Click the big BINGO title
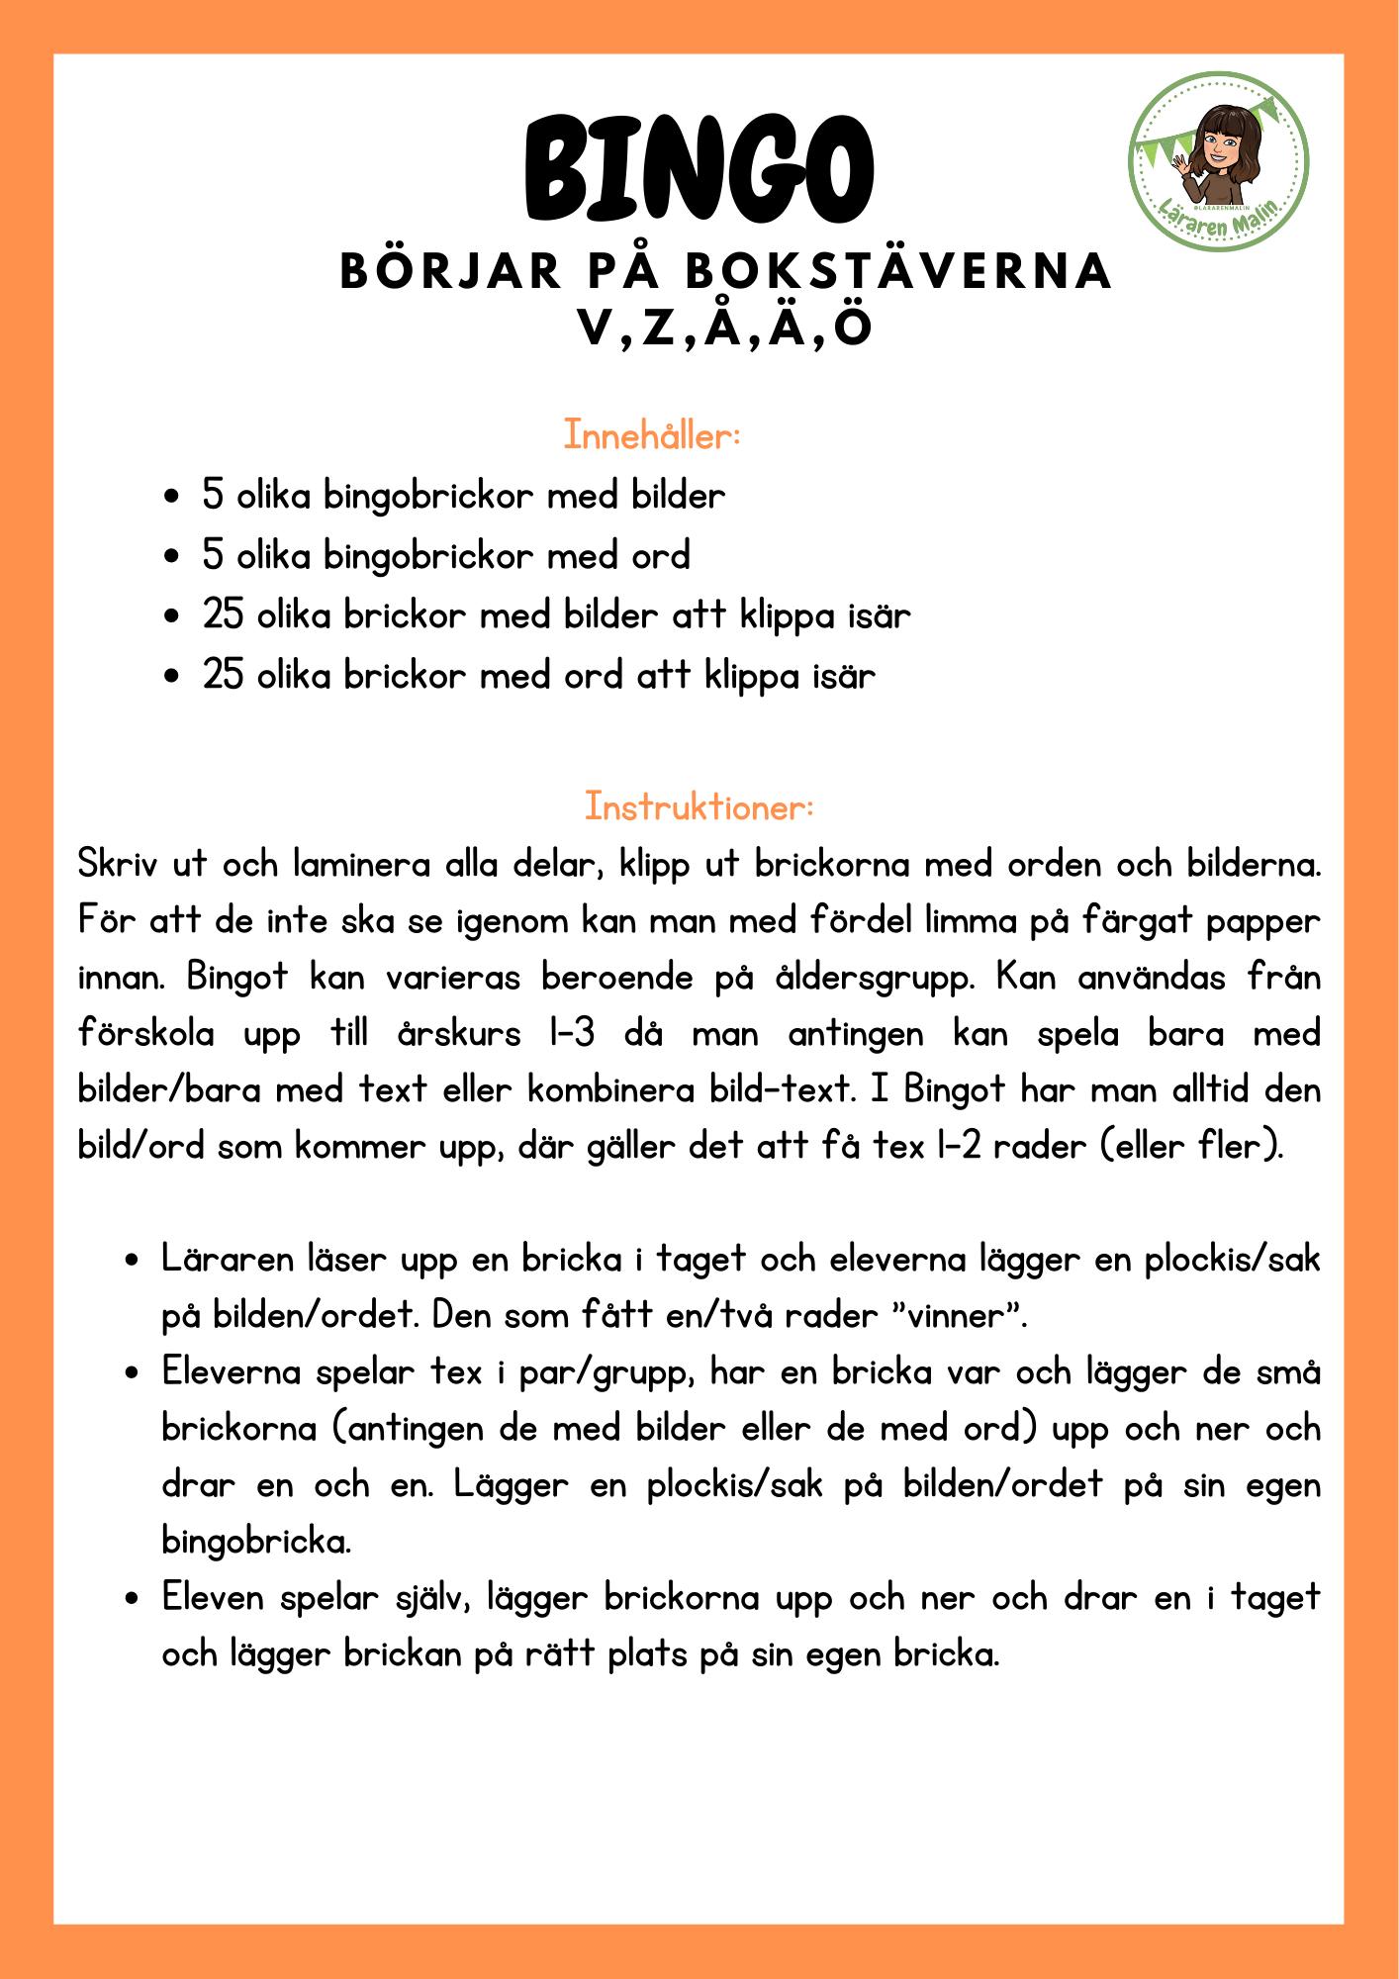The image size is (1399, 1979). [x=699, y=169]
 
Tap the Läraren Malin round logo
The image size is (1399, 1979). [x=1219, y=161]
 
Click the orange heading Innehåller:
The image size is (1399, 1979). [x=652, y=435]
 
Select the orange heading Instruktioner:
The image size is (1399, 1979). [x=699, y=806]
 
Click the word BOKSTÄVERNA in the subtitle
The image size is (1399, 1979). [x=898, y=272]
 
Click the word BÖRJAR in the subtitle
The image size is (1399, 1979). [x=450, y=272]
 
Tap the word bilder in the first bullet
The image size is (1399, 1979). [x=678, y=495]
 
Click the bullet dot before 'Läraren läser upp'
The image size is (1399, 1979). [x=131, y=1262]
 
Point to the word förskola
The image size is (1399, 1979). [x=146, y=1034]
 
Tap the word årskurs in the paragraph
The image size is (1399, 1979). [x=458, y=1034]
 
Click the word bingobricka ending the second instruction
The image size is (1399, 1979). [x=256, y=1542]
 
